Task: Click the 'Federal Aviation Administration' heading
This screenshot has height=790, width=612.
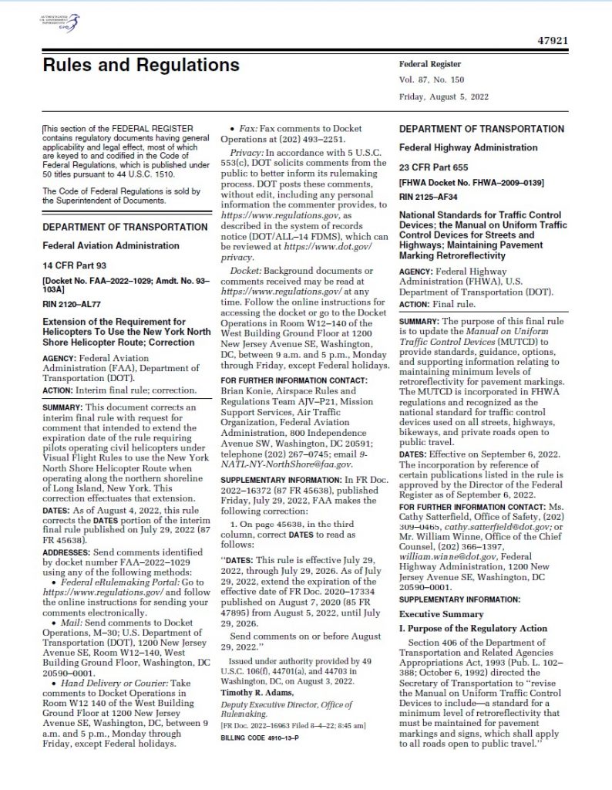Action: [110, 245]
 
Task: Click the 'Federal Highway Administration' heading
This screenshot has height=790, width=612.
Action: [468, 147]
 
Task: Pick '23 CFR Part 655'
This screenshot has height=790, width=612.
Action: [434, 167]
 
